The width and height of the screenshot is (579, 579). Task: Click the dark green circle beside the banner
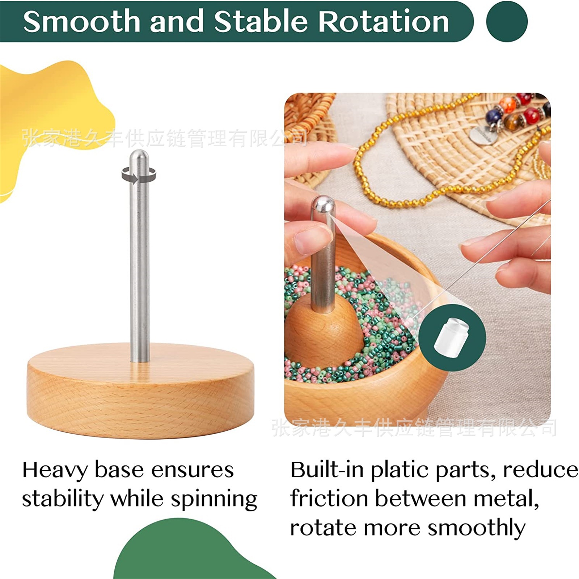(x=507, y=21)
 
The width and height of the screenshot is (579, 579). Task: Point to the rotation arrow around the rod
(x=139, y=176)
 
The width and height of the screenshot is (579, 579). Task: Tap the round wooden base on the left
(x=140, y=391)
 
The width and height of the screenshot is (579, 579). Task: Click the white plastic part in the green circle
(x=451, y=336)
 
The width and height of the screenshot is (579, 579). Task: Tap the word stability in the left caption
(x=63, y=499)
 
